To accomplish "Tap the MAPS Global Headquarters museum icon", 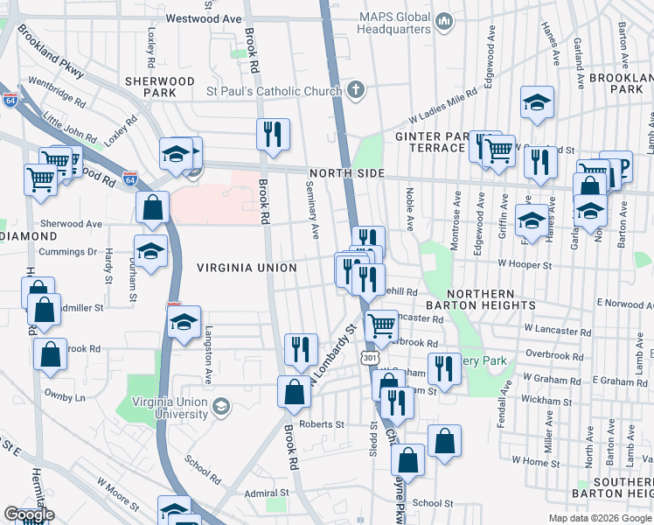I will pyautogui.click(x=443, y=19).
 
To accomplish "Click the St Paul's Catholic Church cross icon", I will pyautogui.click(x=356, y=88).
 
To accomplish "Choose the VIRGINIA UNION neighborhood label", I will pyautogui.click(x=247, y=268).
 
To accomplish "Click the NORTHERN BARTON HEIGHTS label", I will pyautogui.click(x=491, y=298).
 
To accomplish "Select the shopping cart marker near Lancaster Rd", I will pyautogui.click(x=381, y=326).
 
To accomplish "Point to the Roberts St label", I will pyautogui.click(x=323, y=424).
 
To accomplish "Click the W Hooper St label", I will pyautogui.click(x=525, y=263).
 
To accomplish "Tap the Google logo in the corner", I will pyautogui.click(x=29, y=514).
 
